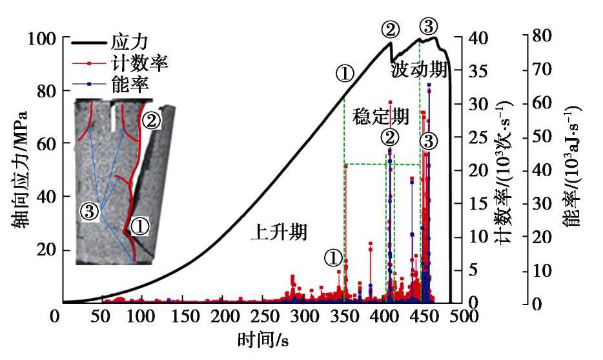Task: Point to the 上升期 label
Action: pyautogui.click(x=279, y=232)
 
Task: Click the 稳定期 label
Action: pyautogui.click(x=381, y=117)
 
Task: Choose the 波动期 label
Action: pyautogui.click(x=419, y=70)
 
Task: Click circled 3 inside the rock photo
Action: pyautogui.click(x=90, y=210)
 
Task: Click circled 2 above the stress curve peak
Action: pyautogui.click(x=391, y=28)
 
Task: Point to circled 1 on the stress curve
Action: pyautogui.click(x=345, y=74)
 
